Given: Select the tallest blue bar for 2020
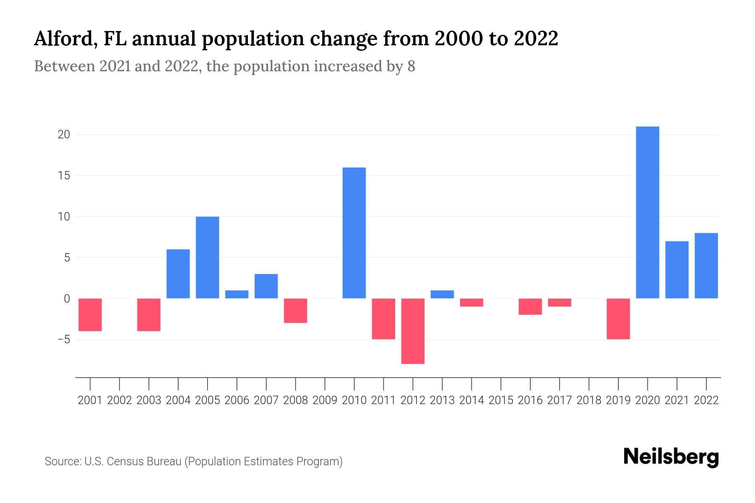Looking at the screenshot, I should [647, 212].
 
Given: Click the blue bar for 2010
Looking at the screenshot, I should [354, 233].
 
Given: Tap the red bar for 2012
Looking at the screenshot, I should [413, 331].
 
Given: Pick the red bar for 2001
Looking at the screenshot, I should [90, 314].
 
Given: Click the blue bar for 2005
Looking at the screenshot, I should [207, 257].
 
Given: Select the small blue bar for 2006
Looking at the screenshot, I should [237, 294].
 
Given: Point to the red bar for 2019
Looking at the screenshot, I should [618, 319].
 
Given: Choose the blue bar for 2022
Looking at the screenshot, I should [706, 265].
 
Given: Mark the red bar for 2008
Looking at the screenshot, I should [295, 310].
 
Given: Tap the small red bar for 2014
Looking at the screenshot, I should [471, 302].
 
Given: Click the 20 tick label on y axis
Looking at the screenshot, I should [64, 135].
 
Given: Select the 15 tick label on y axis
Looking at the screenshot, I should [64, 176].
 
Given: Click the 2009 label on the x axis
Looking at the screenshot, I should [325, 400].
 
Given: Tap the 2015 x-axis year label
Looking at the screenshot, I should [501, 400].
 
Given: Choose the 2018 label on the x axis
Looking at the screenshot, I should [588, 400].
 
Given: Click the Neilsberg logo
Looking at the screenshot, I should [671, 457].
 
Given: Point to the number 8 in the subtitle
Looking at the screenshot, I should [411, 66].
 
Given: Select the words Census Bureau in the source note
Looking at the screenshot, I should [144, 462].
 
